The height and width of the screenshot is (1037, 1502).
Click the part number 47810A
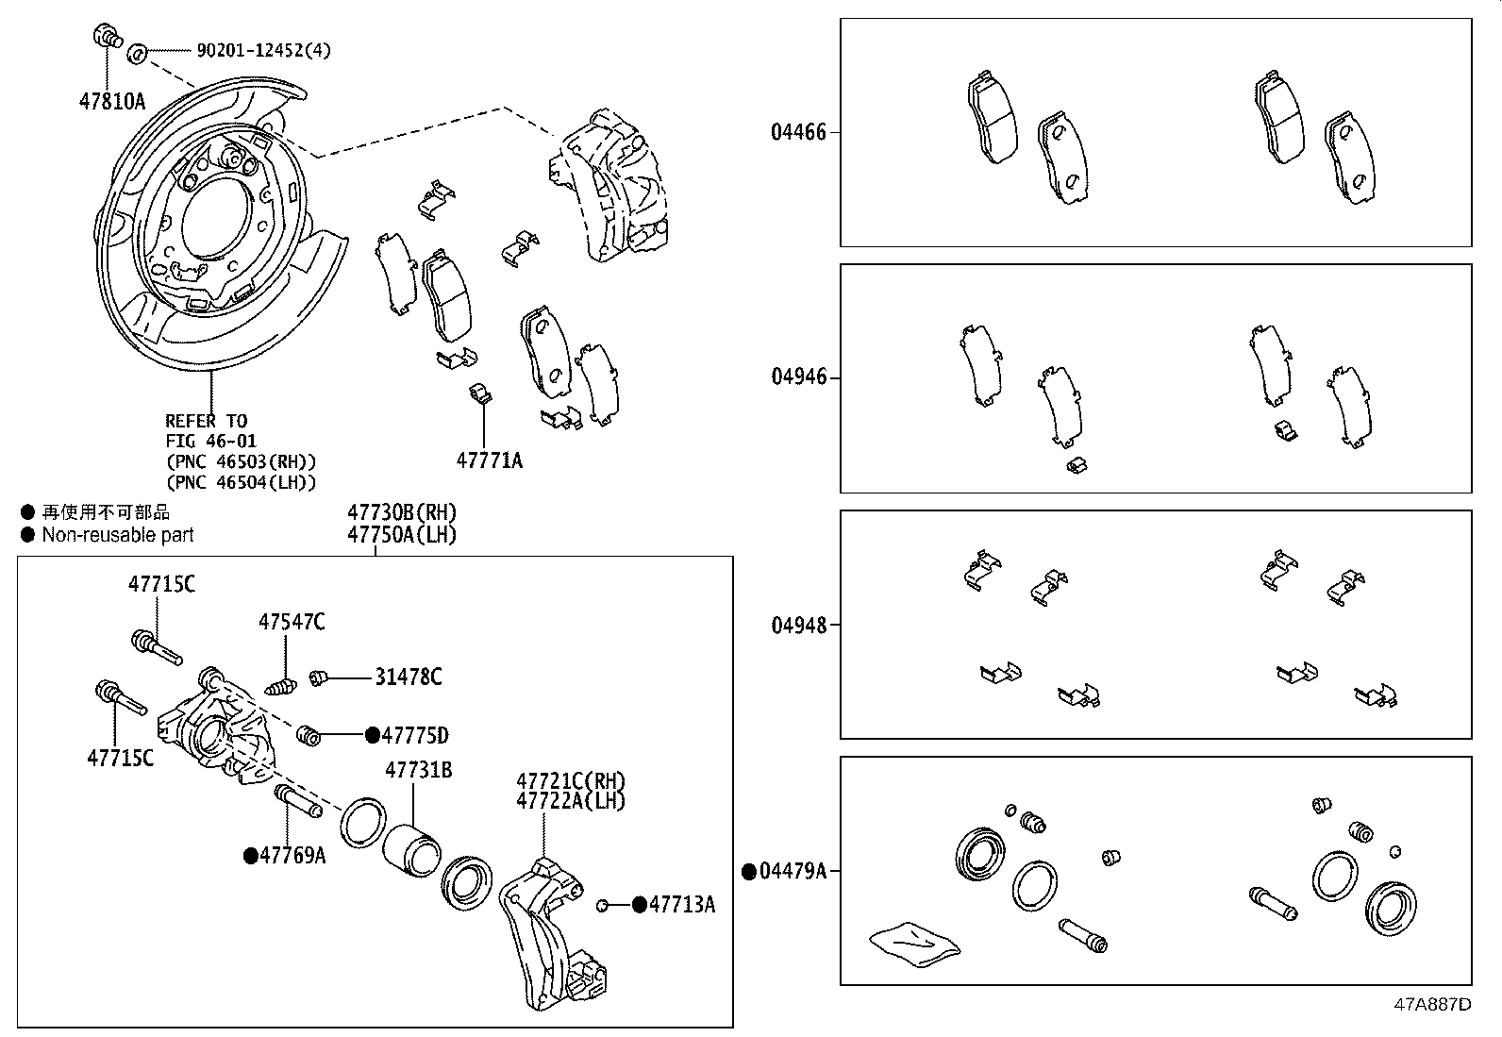(111, 100)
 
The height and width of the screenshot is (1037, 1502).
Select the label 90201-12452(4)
(263, 50)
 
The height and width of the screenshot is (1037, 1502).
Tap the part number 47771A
(489, 460)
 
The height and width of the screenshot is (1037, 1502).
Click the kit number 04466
(798, 132)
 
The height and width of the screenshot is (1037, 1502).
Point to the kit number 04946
(798, 377)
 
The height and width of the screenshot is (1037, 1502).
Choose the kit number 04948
(798, 625)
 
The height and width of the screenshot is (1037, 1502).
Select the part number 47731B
(418, 770)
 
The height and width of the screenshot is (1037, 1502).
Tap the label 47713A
(681, 905)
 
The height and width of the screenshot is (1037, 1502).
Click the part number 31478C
(408, 677)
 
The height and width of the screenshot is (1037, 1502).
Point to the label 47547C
(292, 622)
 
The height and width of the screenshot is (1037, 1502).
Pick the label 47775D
(414, 735)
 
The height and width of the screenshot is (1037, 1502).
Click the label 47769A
(292, 855)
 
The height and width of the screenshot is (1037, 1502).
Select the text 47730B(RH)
(402, 512)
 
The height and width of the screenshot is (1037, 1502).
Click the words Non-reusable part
(117, 535)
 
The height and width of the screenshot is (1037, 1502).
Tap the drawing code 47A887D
(1433, 1004)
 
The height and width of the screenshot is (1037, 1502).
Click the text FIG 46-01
(210, 441)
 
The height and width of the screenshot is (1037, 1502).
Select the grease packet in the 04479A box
(914, 945)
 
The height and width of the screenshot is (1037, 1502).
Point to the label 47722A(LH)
(570, 800)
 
